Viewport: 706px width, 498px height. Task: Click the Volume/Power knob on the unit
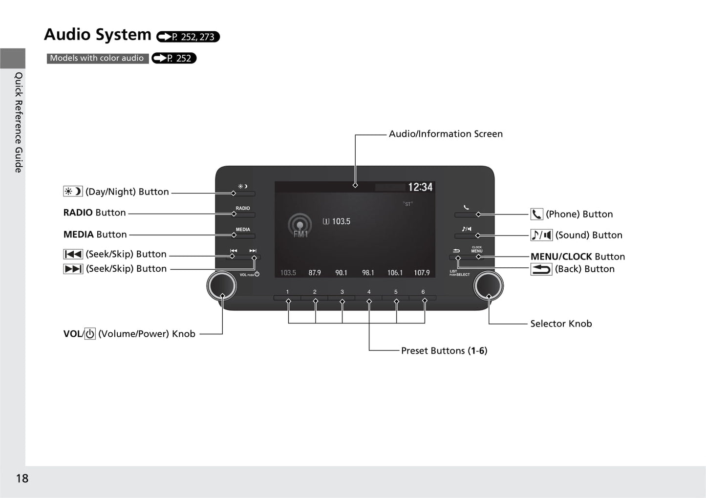click(x=221, y=286)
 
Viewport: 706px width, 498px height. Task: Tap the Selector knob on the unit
click(x=488, y=286)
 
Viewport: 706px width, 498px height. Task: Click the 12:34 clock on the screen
click(x=420, y=187)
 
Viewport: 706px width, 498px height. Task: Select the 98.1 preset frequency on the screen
click(x=368, y=273)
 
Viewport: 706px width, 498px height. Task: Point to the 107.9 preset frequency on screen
click(x=422, y=273)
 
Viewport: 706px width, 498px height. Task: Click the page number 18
click(x=22, y=478)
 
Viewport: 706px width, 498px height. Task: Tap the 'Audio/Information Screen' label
click(x=446, y=134)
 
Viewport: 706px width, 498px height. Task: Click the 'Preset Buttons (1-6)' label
click(x=444, y=350)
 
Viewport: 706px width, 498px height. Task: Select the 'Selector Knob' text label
click(x=561, y=324)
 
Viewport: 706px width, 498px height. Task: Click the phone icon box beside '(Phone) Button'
click(x=536, y=214)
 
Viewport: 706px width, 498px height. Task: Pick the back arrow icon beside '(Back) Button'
click(x=541, y=269)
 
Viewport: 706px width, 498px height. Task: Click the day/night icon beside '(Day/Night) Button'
click(x=73, y=192)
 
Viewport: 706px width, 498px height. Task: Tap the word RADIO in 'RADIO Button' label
click(x=78, y=213)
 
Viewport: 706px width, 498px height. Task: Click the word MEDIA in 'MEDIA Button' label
click(x=78, y=235)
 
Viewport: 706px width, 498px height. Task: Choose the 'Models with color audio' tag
click(x=97, y=58)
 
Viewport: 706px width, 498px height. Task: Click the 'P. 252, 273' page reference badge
click(x=188, y=37)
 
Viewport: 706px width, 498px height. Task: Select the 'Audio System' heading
click(x=98, y=35)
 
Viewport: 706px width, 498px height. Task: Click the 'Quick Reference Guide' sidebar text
click(x=19, y=122)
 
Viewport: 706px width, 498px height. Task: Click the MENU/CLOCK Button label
click(x=578, y=257)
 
